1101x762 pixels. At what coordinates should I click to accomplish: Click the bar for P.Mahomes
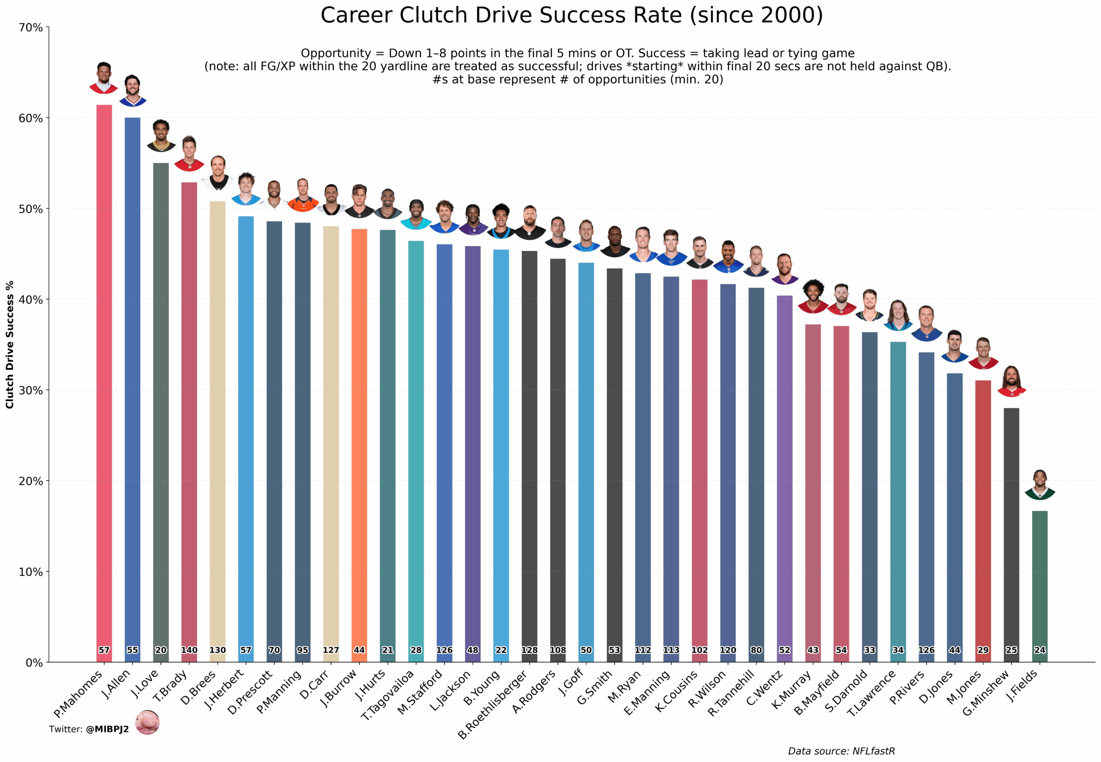pos(104,382)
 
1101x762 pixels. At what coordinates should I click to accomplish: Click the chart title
pos(571,15)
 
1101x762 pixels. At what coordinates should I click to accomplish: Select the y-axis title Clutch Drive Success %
pos(10,344)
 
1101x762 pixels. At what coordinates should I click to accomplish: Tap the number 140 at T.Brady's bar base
pos(189,650)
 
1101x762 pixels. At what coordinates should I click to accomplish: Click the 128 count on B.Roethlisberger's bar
pos(529,650)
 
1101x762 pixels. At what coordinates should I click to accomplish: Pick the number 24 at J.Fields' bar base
pos(1039,650)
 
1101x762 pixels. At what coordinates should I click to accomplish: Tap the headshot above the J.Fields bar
pos(1039,484)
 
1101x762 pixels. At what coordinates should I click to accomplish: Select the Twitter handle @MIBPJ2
pos(108,729)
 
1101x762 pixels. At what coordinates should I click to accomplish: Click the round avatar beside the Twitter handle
pos(147,722)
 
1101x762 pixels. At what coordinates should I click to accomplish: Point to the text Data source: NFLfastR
pos(841,751)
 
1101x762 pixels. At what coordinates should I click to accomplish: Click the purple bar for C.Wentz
pos(784,478)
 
